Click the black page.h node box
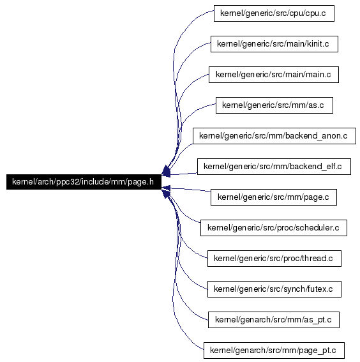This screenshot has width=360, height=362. tap(84, 182)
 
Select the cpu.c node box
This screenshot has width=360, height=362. tap(274, 13)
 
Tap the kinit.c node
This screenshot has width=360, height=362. tap(274, 44)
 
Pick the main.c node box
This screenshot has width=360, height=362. tap(274, 75)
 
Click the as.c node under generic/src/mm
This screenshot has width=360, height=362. tap(274, 105)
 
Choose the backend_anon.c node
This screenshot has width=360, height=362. tap(274, 136)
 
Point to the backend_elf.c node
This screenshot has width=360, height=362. tap(274, 167)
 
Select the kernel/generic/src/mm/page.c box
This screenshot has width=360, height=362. tap(274, 197)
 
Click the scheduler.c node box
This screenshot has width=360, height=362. tap(273, 228)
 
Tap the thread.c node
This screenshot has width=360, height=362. tap(274, 259)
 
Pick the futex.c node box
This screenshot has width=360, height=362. tap(274, 289)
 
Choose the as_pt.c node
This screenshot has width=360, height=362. tap(274, 320)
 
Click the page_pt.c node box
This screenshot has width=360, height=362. tap(274, 351)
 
